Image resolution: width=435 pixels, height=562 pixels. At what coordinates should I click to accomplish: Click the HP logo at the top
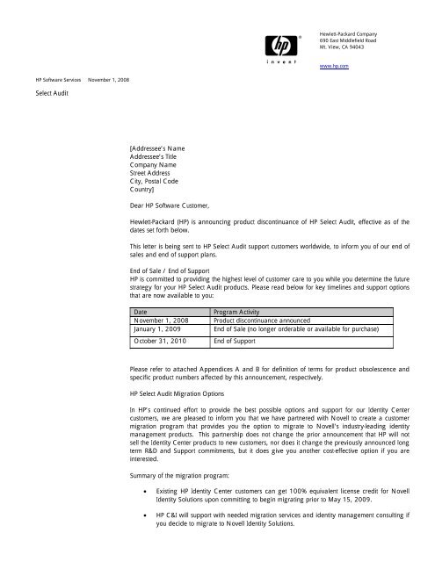[x=282, y=44]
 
